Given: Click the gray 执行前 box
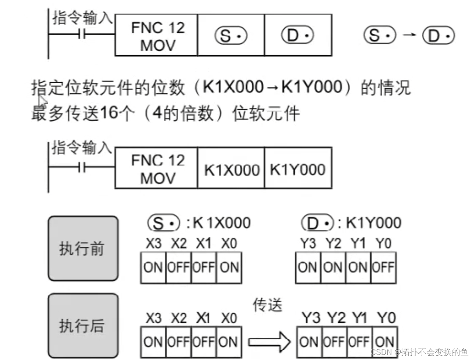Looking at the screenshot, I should point(83,249).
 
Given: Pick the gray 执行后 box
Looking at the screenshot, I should point(83,326).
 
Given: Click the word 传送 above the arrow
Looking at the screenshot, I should point(267,305).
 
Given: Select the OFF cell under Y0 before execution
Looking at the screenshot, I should point(383,267).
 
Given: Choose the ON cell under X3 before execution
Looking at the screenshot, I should point(153,267).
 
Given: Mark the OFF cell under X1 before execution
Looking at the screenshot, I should point(204,267).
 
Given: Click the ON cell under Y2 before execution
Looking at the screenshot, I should point(333,267).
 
